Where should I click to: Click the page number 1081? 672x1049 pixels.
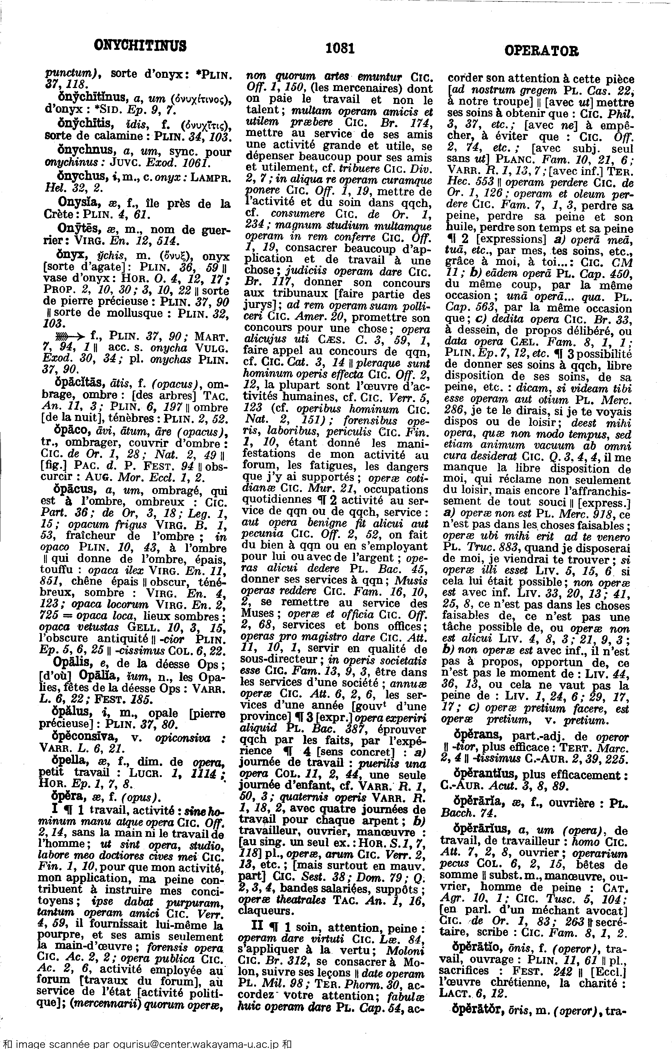(x=340, y=48)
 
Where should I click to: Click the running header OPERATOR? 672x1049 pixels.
(x=541, y=51)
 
